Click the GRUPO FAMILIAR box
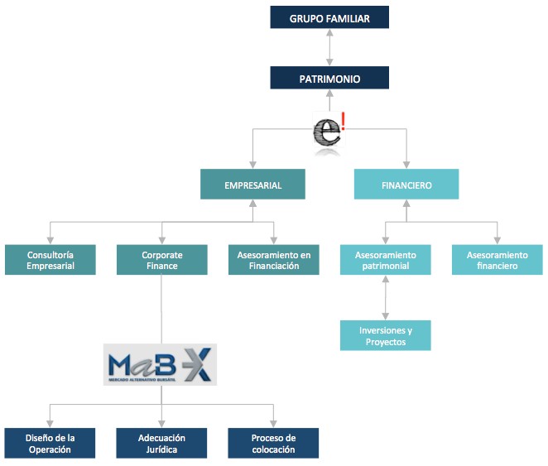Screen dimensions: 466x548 [x=329, y=17]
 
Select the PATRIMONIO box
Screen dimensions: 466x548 [x=329, y=79]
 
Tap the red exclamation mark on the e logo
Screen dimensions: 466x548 [x=343, y=121]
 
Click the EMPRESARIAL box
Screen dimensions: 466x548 [x=252, y=185]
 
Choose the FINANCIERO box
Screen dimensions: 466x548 [x=406, y=185]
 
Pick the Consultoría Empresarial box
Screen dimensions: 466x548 [x=50, y=261]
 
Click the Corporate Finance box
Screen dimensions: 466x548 [x=161, y=261]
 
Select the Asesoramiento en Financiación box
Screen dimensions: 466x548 [x=273, y=261]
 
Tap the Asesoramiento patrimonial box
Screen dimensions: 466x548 [x=385, y=261]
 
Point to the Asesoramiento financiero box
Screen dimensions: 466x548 [x=497, y=261]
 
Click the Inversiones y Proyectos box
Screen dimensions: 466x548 [x=385, y=335]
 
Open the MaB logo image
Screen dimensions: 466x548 [x=160, y=365]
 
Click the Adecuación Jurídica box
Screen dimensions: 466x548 [x=161, y=443]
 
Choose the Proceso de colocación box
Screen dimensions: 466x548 [x=273, y=443]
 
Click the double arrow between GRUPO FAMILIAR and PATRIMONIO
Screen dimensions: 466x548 [x=329, y=48]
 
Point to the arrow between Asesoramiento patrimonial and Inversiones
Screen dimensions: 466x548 [x=385, y=297]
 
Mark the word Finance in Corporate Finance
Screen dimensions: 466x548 [x=161, y=267]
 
